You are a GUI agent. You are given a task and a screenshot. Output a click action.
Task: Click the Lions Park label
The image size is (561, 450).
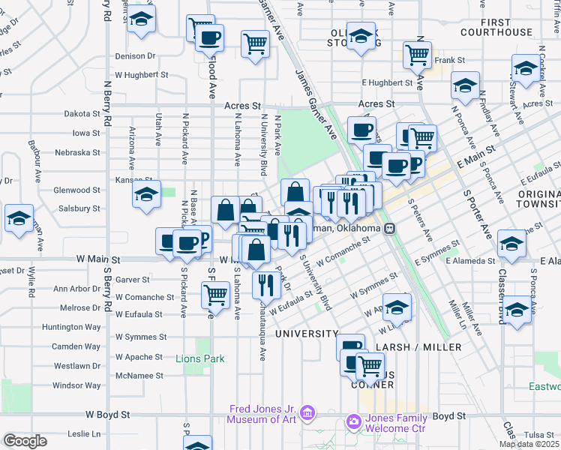click(x=200, y=358)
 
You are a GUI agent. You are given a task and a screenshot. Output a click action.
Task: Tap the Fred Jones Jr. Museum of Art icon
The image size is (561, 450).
click(x=307, y=413)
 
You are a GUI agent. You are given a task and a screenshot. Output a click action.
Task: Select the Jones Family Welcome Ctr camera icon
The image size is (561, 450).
click(x=353, y=422)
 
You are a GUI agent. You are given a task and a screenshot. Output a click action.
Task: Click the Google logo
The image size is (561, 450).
click(x=25, y=441)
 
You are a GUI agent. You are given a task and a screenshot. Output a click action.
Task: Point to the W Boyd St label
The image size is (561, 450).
click(x=108, y=414)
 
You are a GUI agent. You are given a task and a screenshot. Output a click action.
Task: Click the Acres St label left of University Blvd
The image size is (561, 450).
click(x=242, y=106)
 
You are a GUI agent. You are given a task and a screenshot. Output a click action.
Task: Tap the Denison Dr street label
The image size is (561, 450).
click(x=135, y=56)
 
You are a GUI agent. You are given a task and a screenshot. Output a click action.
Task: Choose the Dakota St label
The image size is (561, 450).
click(x=82, y=114)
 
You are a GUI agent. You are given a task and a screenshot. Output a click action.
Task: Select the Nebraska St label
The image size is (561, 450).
click(x=82, y=152)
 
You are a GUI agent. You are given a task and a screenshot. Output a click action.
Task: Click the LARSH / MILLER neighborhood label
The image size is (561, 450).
click(x=424, y=347)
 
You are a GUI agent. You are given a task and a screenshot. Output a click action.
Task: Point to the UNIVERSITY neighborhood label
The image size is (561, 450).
click(x=307, y=333)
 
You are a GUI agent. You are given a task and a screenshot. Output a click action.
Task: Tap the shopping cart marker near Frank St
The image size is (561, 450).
click(x=416, y=54)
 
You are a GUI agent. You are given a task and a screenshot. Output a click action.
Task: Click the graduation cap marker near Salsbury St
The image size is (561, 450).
click(x=146, y=194)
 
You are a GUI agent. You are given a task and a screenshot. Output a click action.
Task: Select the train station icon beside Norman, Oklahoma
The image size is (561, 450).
click(x=389, y=229)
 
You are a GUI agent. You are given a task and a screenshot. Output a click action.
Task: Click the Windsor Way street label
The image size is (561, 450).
click(x=76, y=385)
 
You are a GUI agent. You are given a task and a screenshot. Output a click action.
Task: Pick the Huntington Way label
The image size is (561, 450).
click(x=71, y=327)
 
